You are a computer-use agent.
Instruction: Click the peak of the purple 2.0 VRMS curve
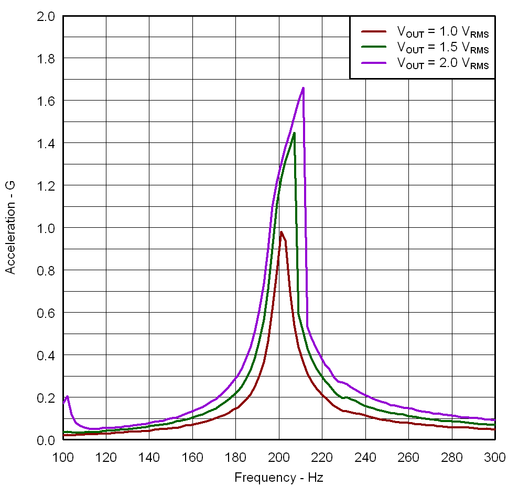tap(303, 88)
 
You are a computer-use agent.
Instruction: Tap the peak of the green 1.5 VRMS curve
tap(294, 133)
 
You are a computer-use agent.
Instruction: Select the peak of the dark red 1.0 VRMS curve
tap(282, 232)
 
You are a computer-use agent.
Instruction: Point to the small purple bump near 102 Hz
tap(67, 397)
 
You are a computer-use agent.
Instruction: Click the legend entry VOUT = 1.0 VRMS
tap(442, 33)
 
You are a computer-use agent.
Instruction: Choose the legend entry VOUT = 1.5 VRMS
tap(442, 48)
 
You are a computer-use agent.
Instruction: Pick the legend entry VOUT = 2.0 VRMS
tap(442, 64)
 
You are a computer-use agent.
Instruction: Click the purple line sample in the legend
tap(374, 62)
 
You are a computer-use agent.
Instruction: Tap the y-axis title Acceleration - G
tap(10, 228)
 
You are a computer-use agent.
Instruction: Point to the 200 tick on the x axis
tap(279, 457)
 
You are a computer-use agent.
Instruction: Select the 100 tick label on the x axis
tap(63, 457)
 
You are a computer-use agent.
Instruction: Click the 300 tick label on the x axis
tap(494, 457)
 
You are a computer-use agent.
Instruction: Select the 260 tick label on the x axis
tap(408, 457)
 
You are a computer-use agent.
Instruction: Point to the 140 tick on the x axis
tap(149, 457)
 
